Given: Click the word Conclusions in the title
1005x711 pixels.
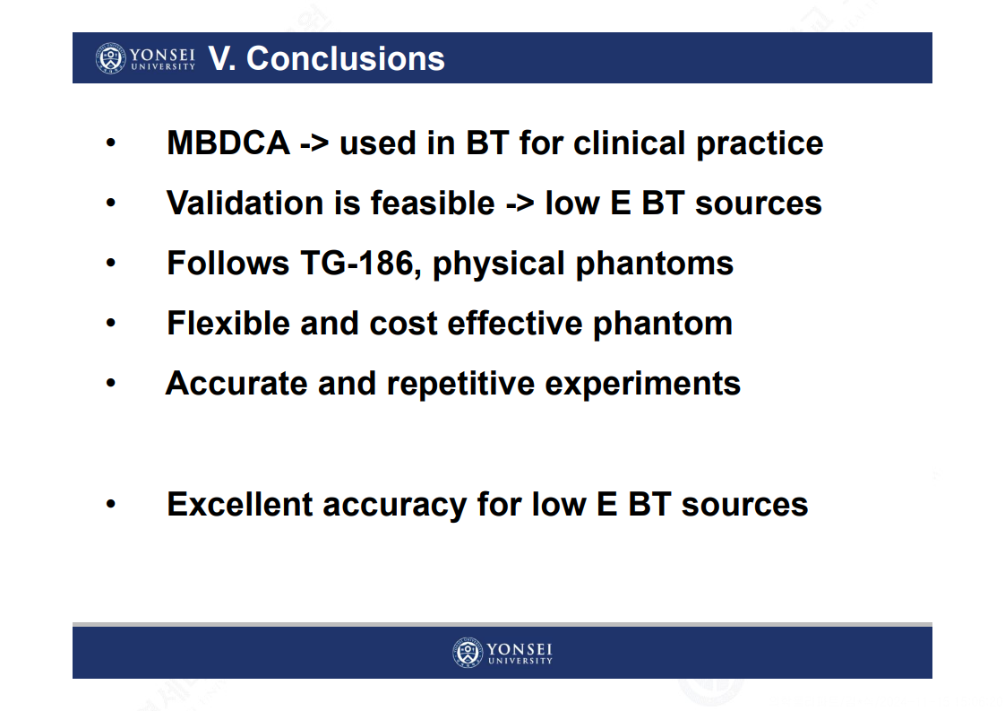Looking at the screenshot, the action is tap(346, 58).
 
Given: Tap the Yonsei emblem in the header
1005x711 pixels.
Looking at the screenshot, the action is tap(111, 58).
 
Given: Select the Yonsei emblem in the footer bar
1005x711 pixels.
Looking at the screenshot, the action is tap(468, 654).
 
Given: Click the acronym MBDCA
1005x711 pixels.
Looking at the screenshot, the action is tap(228, 143).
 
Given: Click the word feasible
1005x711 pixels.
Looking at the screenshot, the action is tap(433, 203).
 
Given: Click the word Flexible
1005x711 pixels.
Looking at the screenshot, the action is tap(228, 323).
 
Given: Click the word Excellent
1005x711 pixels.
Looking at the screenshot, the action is tap(240, 505).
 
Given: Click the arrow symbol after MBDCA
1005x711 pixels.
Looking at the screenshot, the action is tap(314, 143).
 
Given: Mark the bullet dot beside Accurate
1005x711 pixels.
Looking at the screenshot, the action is tap(111, 384).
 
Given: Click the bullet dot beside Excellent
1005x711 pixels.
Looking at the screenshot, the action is tap(111, 505).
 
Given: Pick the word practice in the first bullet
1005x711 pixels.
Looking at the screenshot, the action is tap(760, 143).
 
